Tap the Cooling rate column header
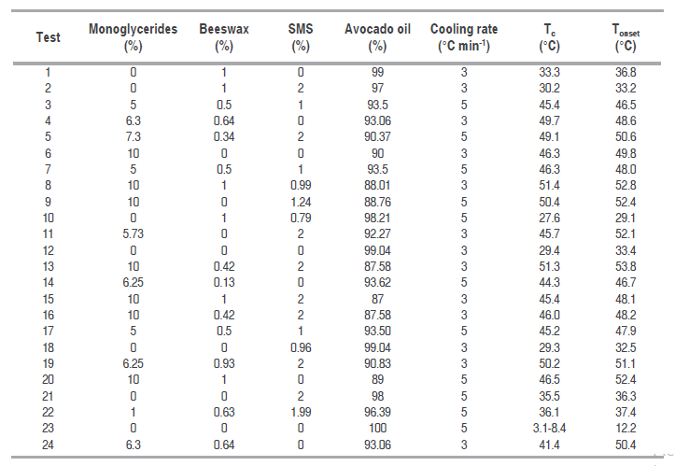click(x=463, y=36)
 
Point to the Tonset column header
click(x=626, y=36)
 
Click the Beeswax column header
click(x=223, y=36)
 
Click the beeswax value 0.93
click(x=223, y=365)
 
